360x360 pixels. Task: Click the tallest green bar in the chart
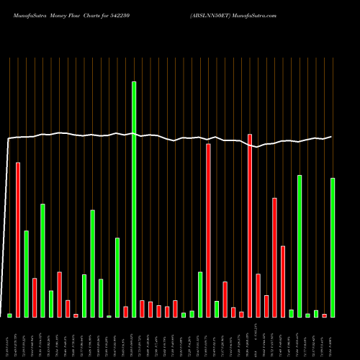(x=133, y=199)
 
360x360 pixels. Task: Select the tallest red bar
(x=250, y=225)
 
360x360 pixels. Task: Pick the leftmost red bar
(x=18, y=240)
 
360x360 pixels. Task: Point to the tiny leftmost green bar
(x=9, y=315)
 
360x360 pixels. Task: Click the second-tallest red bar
(x=208, y=230)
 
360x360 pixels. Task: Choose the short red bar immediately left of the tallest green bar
(x=125, y=312)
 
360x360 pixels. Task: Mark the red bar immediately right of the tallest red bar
(x=258, y=295)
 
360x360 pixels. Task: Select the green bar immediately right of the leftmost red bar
(x=26, y=274)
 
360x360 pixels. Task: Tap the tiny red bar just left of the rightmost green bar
(x=324, y=315)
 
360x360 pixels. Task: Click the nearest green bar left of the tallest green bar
(x=117, y=277)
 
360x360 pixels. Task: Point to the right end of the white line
(x=332, y=137)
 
